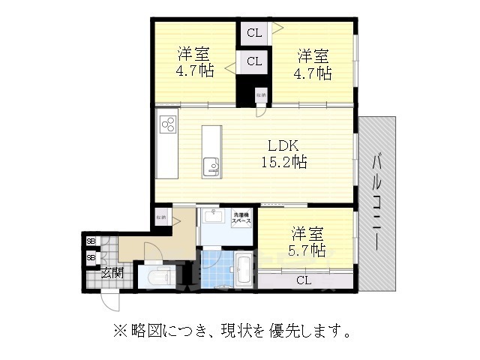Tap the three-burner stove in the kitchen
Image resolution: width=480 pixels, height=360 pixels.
pyautogui.click(x=168, y=124)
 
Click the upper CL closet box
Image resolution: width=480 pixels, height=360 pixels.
pyautogui.click(x=254, y=32)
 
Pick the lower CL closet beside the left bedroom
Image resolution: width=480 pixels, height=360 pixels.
pyautogui.click(x=254, y=61)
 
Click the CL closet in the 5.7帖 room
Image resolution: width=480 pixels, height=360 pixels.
pyautogui.click(x=304, y=280)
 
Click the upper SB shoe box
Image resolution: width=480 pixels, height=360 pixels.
pyautogui.click(x=91, y=241)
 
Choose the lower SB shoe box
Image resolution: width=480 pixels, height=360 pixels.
pyautogui.click(x=91, y=256)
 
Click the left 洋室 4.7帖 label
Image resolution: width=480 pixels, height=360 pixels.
pyautogui.click(x=194, y=63)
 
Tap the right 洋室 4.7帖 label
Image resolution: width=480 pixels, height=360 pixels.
pyautogui.click(x=313, y=63)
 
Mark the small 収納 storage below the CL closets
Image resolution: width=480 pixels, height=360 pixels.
pyautogui.click(x=261, y=96)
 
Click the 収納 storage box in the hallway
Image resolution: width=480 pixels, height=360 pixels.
pyautogui.click(x=161, y=217)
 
